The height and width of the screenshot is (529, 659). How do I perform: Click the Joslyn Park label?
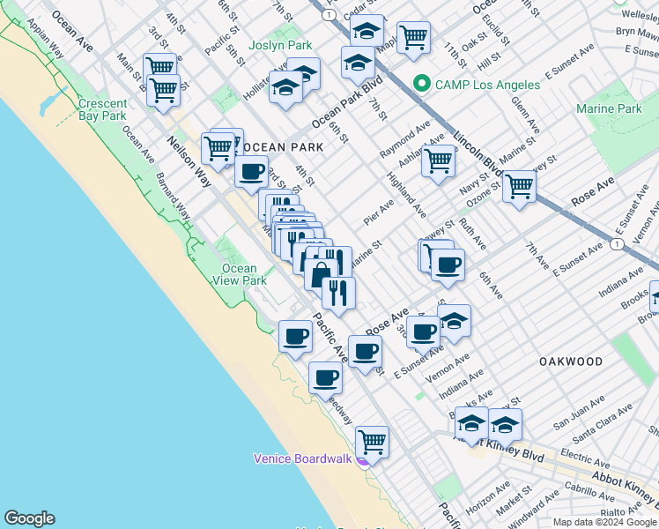tap(280, 45)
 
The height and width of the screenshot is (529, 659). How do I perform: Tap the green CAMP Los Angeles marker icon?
tap(421, 85)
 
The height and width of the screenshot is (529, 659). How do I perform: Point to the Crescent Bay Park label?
tap(103, 109)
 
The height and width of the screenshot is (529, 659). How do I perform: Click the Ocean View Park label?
tap(240, 274)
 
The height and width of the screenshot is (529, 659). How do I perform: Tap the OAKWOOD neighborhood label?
tap(570, 361)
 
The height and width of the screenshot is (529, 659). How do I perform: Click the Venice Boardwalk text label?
tap(302, 458)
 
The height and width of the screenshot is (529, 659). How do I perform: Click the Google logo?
tap(29, 518)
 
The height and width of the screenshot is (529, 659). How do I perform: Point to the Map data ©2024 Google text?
tap(604, 522)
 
